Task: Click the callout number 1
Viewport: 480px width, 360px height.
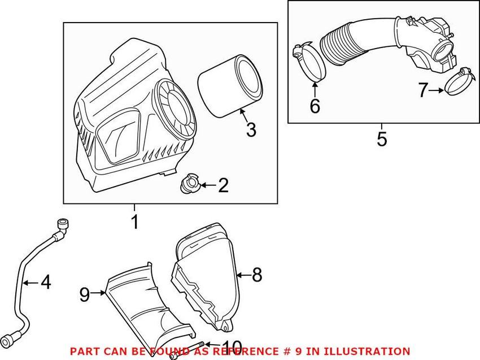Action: [135, 222]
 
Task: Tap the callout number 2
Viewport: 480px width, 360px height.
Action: [223, 185]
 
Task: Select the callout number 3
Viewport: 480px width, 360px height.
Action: [251, 129]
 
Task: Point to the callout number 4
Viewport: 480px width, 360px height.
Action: [46, 282]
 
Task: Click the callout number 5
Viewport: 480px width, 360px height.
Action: [382, 139]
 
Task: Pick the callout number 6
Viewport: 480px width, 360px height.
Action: [315, 106]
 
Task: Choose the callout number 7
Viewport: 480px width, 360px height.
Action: [423, 90]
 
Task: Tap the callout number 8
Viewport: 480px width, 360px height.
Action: [257, 275]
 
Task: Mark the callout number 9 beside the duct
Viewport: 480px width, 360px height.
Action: [85, 294]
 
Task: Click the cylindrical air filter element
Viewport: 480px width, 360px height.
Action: [230, 85]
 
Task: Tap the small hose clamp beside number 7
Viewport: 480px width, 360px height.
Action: [456, 83]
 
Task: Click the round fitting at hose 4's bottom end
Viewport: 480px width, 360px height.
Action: [8, 342]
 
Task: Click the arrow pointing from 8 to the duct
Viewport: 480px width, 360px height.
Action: [244, 275]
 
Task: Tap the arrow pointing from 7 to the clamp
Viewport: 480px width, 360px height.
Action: [436, 90]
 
